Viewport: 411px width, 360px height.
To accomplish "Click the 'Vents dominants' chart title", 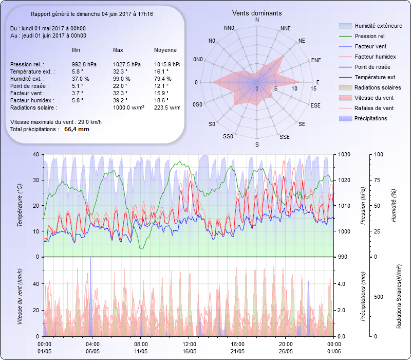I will point(257,13).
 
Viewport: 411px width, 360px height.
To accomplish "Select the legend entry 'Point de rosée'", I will point(372,67).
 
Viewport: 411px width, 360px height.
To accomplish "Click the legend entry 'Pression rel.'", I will point(370,37).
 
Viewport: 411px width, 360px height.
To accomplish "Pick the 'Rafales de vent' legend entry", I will point(374,109).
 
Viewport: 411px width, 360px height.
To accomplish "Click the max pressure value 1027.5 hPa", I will point(127,64).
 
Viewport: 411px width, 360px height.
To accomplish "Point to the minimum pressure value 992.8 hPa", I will point(84,64).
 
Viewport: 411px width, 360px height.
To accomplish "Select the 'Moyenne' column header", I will point(165,50).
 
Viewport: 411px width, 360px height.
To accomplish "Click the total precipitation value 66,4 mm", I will point(77,130).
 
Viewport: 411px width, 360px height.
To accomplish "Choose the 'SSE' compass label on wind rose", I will point(284,137).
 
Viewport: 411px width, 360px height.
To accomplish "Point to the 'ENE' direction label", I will point(316,60).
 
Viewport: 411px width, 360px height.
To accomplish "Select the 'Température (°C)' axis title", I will point(20,206).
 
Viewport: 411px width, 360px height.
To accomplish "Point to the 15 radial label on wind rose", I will point(313,89).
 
